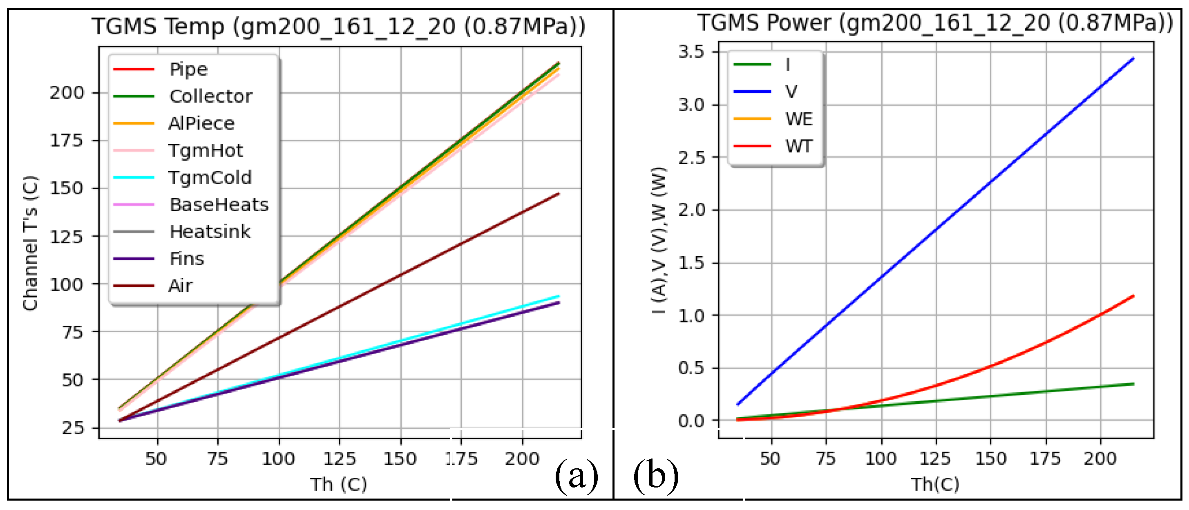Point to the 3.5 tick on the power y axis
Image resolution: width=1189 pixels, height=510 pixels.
691,51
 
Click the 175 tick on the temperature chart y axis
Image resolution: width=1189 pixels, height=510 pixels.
67,140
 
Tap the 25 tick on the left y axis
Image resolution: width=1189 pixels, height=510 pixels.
73,428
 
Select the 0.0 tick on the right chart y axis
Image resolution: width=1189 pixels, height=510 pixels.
691,421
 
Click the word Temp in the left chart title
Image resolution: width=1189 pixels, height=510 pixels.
194,26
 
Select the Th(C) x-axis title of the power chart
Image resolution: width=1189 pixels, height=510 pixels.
935,484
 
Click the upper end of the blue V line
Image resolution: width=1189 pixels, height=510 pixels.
1133,58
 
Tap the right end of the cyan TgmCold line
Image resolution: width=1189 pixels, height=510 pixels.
559,296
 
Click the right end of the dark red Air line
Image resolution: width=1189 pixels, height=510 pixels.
559,194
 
